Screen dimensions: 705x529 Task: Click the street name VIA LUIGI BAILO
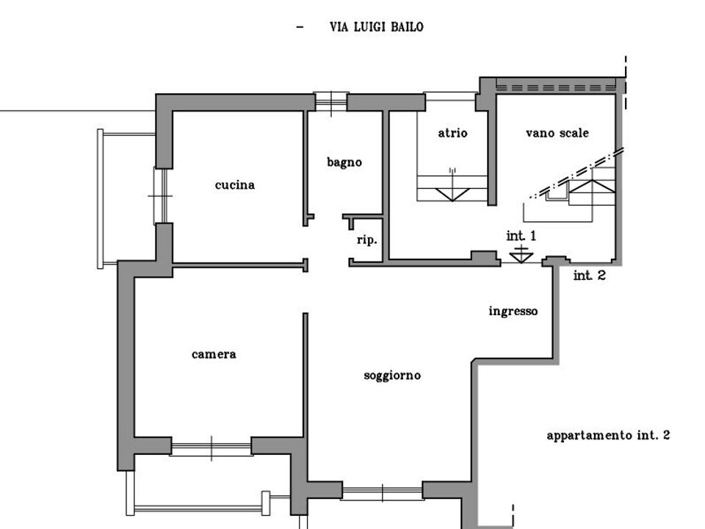coord(376,27)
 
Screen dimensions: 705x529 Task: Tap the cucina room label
coord(235,185)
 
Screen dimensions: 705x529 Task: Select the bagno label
coord(344,162)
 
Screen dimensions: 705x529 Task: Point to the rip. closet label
coord(367,240)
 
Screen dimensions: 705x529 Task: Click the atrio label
coord(453,133)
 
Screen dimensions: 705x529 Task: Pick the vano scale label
coord(557,133)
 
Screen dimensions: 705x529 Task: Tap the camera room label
coord(214,354)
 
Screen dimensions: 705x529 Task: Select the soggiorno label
coord(392,375)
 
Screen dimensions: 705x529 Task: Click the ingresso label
coord(513,312)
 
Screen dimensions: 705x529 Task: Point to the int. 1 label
coord(521,236)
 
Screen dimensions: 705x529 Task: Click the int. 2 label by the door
coord(590,276)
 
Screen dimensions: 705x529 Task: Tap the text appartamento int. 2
coord(608,436)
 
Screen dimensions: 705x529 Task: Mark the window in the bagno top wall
coord(331,101)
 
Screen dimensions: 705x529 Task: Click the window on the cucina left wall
coord(161,196)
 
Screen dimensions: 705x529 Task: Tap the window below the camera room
coord(211,447)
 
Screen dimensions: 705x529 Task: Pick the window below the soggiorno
coord(382,492)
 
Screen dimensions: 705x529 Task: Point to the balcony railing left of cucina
coord(101,199)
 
